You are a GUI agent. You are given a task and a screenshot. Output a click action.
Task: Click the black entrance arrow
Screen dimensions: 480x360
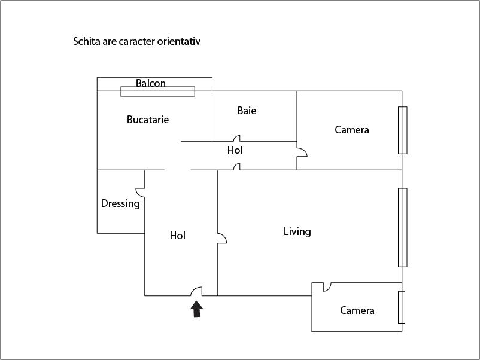196,309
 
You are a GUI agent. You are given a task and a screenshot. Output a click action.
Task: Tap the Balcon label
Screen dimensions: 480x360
151,83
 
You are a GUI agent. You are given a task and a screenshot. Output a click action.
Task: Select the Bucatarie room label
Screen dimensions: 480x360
148,119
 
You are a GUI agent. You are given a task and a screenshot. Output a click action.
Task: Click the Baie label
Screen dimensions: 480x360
247,111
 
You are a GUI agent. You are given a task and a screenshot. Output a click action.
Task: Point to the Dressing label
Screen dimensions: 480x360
120,203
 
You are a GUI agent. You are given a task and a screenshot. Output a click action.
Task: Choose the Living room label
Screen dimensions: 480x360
297,231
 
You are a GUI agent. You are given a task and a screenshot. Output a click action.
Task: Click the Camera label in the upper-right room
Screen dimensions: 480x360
352,130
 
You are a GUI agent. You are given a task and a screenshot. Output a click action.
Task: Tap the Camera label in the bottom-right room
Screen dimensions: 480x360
357,310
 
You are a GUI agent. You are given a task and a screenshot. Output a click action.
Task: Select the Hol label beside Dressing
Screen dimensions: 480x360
178,236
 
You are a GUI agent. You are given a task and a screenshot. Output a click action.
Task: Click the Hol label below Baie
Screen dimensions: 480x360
235,150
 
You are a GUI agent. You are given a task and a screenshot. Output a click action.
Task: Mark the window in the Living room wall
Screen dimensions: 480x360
403,228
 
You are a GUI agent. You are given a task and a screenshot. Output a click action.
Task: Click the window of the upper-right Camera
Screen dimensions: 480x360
403,130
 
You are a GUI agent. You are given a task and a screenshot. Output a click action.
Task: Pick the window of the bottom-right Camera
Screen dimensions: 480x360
402,307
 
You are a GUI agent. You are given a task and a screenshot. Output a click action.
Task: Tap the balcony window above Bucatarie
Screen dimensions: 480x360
157,91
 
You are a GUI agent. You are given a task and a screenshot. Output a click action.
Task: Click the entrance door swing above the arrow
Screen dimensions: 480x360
196,291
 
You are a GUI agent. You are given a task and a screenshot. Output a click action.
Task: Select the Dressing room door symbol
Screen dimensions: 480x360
140,193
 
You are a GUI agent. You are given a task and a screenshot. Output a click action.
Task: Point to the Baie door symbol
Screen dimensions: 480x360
236,138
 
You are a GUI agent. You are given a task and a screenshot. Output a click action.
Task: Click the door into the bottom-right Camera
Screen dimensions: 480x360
327,287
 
